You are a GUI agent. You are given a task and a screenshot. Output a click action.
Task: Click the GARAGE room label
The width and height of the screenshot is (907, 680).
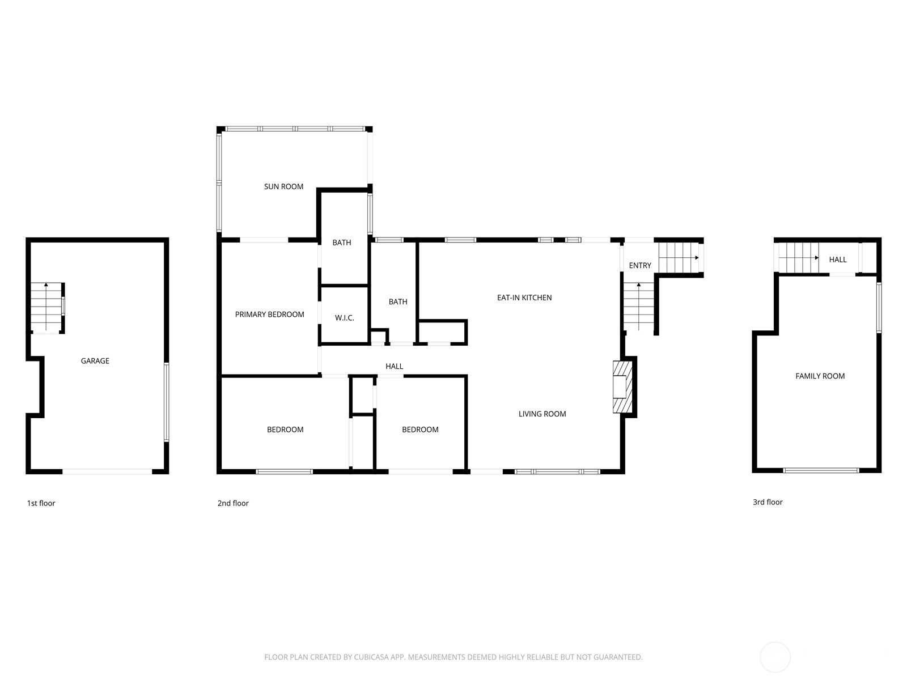click(95, 361)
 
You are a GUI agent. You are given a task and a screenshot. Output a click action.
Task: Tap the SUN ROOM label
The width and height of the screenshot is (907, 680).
click(283, 186)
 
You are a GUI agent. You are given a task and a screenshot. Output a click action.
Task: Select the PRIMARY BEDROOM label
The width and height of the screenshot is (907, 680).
click(269, 314)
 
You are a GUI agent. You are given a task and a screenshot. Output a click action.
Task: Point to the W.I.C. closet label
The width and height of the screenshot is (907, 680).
click(344, 318)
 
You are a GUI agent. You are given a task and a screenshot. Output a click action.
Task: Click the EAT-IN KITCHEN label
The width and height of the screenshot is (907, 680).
click(524, 297)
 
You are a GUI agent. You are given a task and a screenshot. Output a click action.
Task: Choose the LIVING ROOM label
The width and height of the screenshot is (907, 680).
click(542, 414)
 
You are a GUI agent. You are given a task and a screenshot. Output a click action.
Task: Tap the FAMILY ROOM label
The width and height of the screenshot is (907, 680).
click(820, 376)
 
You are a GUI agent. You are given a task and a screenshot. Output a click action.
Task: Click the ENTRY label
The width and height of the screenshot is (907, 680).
click(639, 265)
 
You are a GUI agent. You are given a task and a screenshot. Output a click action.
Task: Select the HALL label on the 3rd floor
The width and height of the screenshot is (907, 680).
click(838, 260)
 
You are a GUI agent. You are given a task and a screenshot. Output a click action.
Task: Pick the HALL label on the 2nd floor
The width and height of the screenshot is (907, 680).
click(394, 366)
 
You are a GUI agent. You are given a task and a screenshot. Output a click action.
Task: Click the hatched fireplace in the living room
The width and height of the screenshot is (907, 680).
click(622, 387)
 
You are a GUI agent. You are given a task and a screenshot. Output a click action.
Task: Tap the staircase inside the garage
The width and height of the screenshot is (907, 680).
click(46, 307)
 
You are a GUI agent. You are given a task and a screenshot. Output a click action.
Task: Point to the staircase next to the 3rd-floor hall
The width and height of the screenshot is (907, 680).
click(798, 258)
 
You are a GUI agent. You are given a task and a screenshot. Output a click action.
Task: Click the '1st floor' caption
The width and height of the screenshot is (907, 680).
click(41, 503)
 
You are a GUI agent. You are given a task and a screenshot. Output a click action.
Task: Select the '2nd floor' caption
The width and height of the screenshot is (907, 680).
click(233, 503)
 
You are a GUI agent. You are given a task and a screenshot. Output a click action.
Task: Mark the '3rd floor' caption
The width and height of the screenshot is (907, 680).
click(768, 502)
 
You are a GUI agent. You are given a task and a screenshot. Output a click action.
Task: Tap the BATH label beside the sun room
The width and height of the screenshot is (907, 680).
click(342, 243)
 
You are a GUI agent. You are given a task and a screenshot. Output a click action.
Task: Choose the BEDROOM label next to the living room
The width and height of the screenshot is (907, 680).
click(420, 430)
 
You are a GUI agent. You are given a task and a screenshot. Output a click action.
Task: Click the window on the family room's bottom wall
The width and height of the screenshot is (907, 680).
click(821, 470)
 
